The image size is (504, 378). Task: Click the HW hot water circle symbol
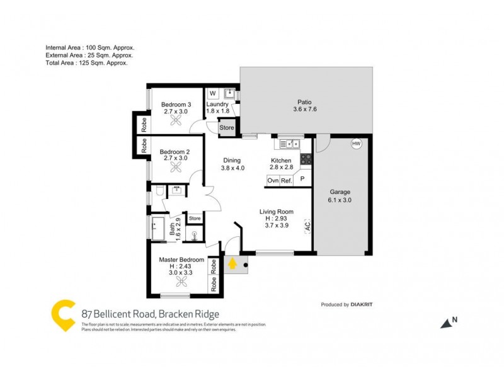coord(357,144)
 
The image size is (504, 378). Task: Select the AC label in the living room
coord(307,225)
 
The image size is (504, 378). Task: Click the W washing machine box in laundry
coord(212,94)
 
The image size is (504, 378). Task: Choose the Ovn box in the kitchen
coord(273,180)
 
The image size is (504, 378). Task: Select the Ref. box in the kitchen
coord(287,180)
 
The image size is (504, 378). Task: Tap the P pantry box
coord(302,180)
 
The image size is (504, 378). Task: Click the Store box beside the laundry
coord(226,128)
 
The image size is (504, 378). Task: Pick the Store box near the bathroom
coord(195,219)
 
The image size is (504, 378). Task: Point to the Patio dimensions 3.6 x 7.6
coord(304,110)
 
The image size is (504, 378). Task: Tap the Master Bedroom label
coord(181,260)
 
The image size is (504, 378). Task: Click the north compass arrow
coord(447,323)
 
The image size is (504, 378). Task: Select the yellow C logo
coord(64,316)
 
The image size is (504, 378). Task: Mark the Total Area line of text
coord(87,63)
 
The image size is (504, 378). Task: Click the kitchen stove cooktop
coord(306,159)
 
